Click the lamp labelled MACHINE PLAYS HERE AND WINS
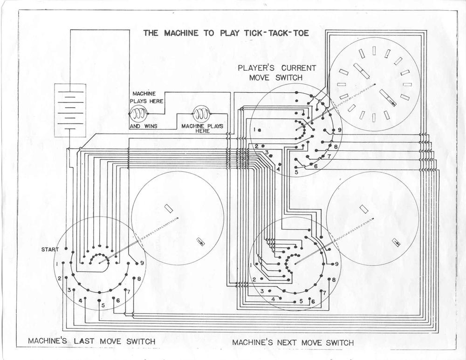coord(138,113)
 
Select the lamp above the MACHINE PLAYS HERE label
coord(202,113)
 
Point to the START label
coord(50,250)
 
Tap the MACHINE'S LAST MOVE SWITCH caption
coord(91,341)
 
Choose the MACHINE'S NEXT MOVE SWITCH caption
coord(293,343)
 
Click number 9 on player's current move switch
coord(340,130)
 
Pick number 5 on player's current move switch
coord(296,172)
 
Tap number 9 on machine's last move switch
coord(142,263)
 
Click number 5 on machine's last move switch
coord(103,306)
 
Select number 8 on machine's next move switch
coord(334,279)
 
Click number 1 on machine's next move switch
coord(252,265)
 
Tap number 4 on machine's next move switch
coord(273,299)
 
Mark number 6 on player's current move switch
coord(315,166)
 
